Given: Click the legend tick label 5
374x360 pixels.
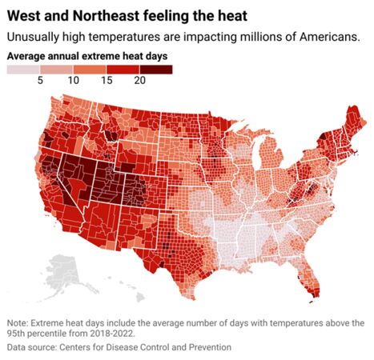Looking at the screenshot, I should tap(38, 82).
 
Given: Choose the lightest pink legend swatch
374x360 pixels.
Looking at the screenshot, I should tap(22, 70).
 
